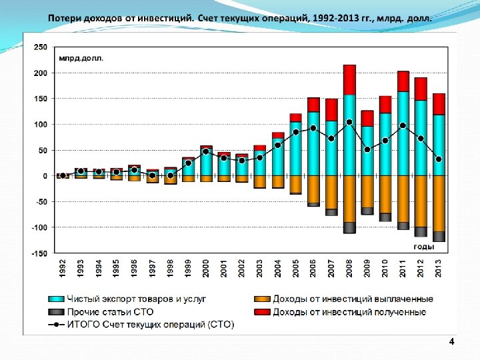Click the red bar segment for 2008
pos(349,80)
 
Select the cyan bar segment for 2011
pos(403,133)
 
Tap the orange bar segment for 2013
pos(439,203)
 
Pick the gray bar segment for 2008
pos(349,228)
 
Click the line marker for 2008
pos(349,122)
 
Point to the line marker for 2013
pos(439,159)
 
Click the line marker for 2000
pos(206,151)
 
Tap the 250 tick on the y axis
pos(41,47)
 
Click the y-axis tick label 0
pos(45,176)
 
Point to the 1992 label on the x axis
pos(63,269)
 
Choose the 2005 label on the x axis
pos(295,269)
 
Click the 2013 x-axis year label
pos(439,269)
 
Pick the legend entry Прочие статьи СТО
pos(111,311)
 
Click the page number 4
pos(451,342)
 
